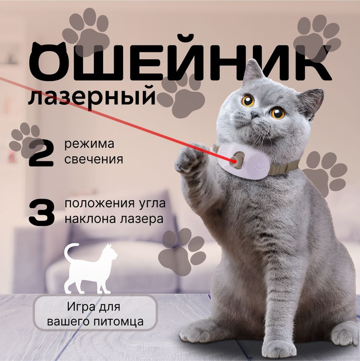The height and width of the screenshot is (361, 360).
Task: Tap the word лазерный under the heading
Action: [x=92, y=96]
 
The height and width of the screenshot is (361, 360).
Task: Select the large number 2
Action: [x=41, y=153]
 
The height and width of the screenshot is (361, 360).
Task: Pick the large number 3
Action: [x=42, y=212]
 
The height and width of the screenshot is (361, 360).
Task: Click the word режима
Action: [x=89, y=145]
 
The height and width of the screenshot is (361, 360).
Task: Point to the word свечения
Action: [x=94, y=159]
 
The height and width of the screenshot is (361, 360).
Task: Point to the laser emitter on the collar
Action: [x=236, y=160]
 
